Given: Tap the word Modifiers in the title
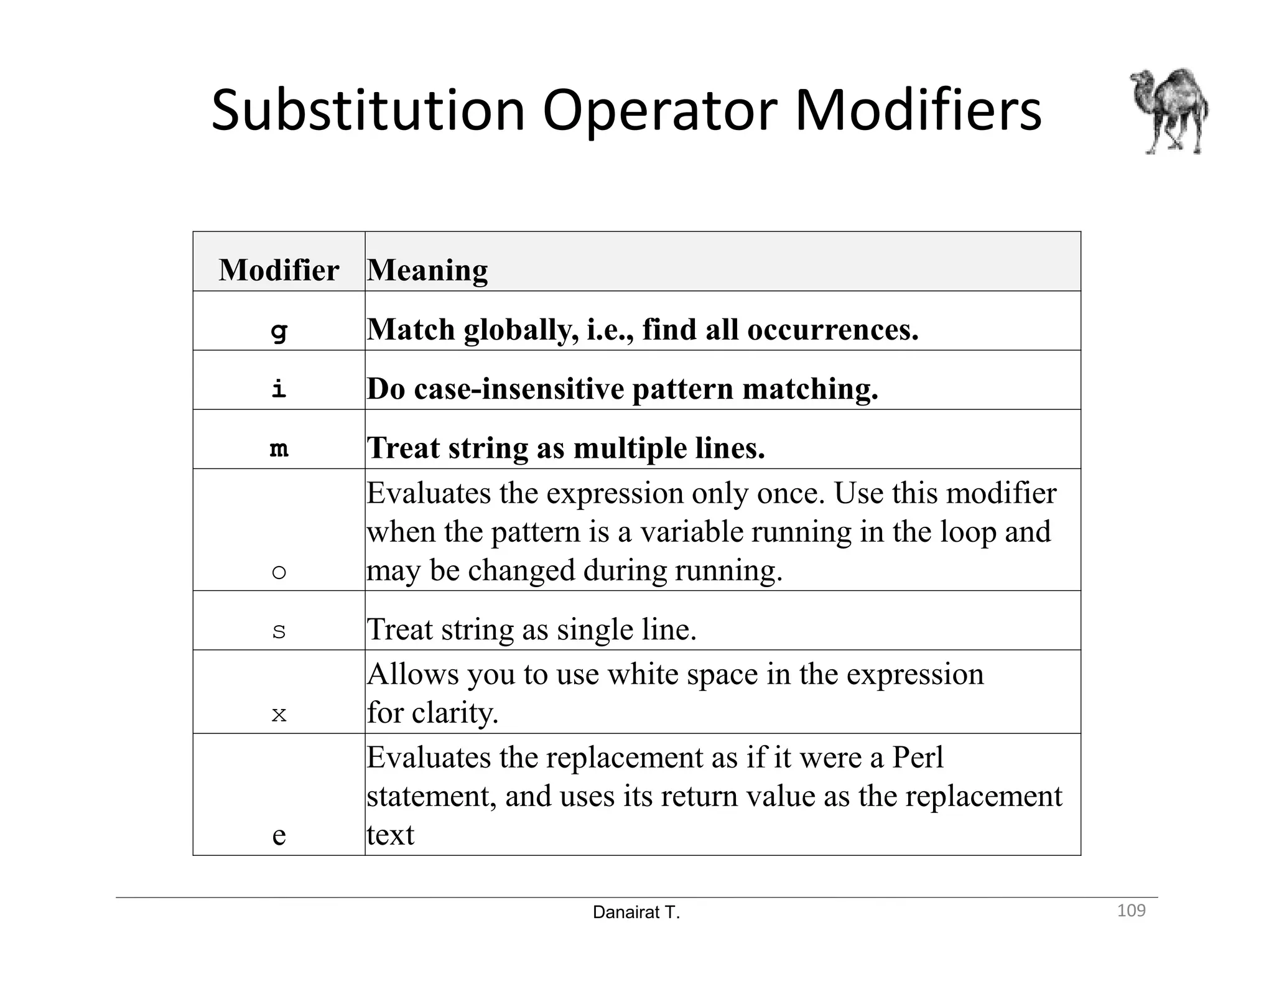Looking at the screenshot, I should pyautogui.click(x=918, y=111).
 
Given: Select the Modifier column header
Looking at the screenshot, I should pyautogui.click(x=279, y=270).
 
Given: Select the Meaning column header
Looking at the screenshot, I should pyautogui.click(x=427, y=270).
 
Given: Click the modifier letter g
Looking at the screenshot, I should pyautogui.click(x=279, y=330).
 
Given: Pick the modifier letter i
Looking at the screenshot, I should pyautogui.click(x=279, y=389).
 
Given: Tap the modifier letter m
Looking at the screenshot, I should pyautogui.click(x=279, y=448).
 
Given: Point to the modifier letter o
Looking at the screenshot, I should pyautogui.click(x=279, y=571).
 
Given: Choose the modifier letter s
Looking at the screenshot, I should pyautogui.click(x=279, y=631).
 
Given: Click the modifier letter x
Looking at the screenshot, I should pyautogui.click(x=279, y=714).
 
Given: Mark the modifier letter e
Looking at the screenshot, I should pyautogui.click(x=279, y=835).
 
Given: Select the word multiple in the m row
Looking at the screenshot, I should pyautogui.click(x=625, y=448).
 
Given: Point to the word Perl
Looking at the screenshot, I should pyautogui.click(x=918, y=758).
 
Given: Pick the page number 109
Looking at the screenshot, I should pyautogui.click(x=1131, y=911).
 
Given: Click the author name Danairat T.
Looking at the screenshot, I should pyautogui.click(x=636, y=912).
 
